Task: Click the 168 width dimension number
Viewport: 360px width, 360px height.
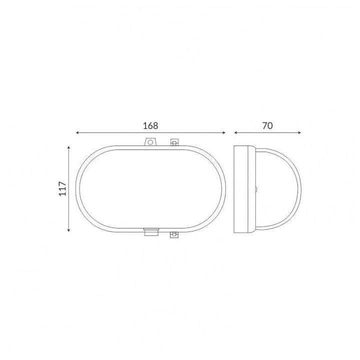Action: click(x=150, y=126)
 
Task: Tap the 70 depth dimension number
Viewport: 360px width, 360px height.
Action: click(x=267, y=126)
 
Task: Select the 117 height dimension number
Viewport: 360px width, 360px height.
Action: click(x=62, y=188)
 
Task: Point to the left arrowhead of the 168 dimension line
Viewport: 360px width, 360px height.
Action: click(x=77, y=132)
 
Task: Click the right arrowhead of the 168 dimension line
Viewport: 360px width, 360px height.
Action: click(x=224, y=132)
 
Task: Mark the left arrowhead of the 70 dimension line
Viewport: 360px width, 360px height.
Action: click(x=235, y=132)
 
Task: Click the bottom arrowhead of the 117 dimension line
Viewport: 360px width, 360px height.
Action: click(x=68, y=230)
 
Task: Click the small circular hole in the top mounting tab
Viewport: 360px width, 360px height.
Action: click(x=150, y=142)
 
